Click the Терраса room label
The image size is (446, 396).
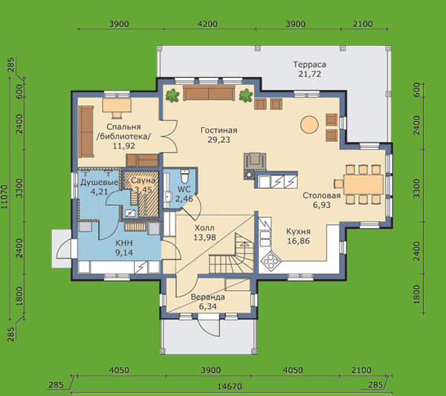pos(309,65)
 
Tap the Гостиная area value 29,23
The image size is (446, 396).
pos(219,140)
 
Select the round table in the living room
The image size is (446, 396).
pos(309,124)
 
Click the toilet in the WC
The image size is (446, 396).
pos(184,176)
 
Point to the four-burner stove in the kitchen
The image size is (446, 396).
pos(271,261)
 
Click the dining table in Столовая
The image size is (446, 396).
pos(363,184)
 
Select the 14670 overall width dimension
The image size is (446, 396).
pos(230,386)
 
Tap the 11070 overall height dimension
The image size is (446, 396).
pos(5,196)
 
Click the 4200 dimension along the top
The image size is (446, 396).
pos(207,24)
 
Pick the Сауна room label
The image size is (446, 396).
pos(143,181)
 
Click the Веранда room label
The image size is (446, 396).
pos(207,297)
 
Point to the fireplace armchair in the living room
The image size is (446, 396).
pos(255,161)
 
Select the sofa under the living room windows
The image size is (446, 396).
pos(209,94)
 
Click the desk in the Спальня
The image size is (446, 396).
pos(117,106)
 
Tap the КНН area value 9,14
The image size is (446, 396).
pos(124,253)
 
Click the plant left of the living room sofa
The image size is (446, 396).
pos(172,95)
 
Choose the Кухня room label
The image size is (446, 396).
pos(298,231)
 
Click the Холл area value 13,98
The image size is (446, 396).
pos(204,237)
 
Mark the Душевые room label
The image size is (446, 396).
pos(100,182)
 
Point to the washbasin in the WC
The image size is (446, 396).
pos(168,196)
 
